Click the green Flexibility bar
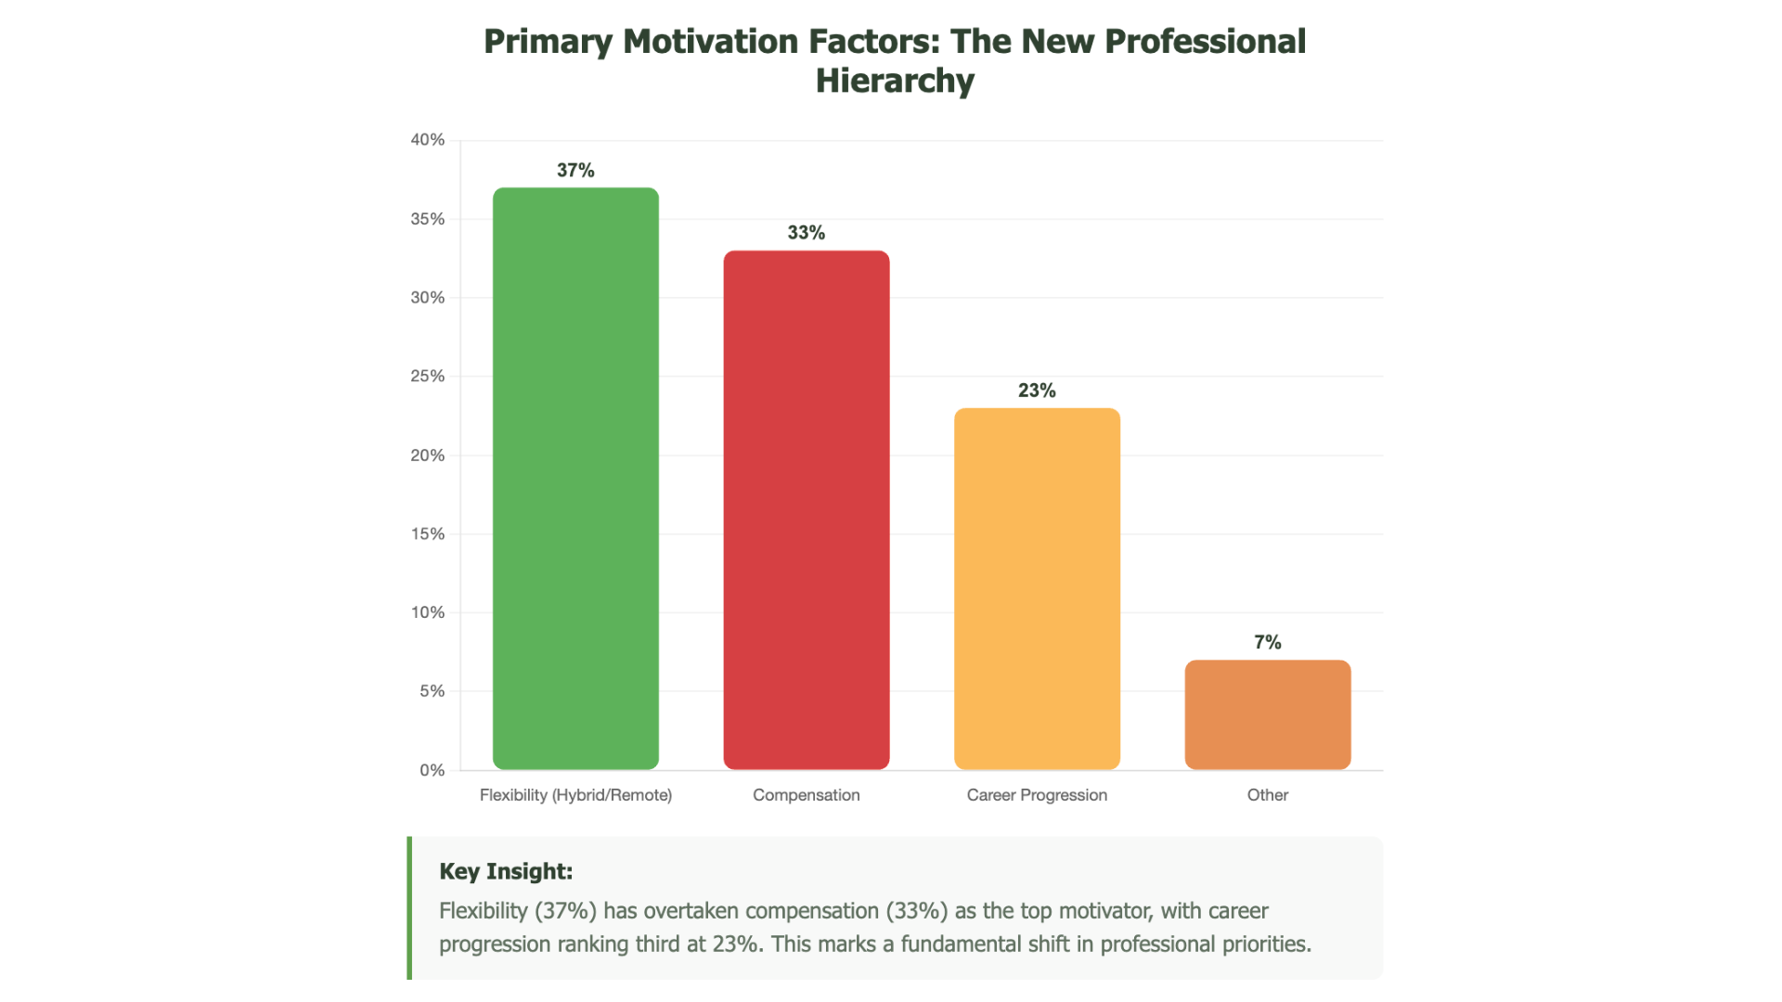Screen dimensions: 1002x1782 pyautogui.click(x=575, y=479)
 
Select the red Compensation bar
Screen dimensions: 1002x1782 pyautogui.click(x=806, y=510)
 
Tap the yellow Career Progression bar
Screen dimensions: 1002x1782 pyautogui.click(x=1037, y=588)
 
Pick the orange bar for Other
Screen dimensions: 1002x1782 pyautogui.click(x=1267, y=714)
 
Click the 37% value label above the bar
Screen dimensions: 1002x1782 pyautogui.click(x=575, y=171)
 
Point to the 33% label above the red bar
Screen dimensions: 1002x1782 pyautogui.click(x=806, y=233)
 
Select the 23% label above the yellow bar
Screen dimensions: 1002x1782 pyautogui.click(x=1037, y=391)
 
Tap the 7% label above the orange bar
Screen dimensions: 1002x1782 pyautogui.click(x=1267, y=642)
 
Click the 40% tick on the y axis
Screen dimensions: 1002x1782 pyautogui.click(x=428, y=140)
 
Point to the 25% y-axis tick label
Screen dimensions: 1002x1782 pyautogui.click(x=428, y=376)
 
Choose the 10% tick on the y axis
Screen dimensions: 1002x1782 pyautogui.click(x=428, y=612)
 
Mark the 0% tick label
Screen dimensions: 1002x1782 pyautogui.click(x=432, y=770)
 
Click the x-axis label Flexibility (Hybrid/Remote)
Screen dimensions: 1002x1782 pyautogui.click(x=575, y=795)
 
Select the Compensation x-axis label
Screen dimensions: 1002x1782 pyautogui.click(x=806, y=795)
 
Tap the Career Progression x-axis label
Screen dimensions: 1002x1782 pyautogui.click(x=1037, y=795)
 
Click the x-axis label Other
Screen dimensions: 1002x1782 pyautogui.click(x=1267, y=795)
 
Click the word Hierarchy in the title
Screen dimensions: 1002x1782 pyautogui.click(x=895, y=81)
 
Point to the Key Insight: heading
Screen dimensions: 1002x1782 pyautogui.click(x=506, y=871)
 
